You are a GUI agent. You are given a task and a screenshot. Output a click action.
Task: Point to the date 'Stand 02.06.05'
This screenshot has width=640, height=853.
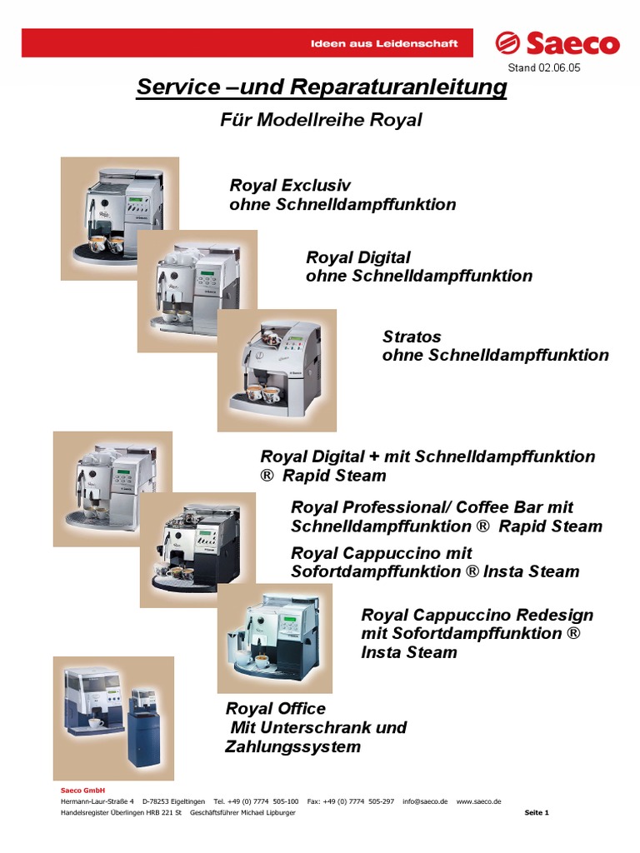click(x=543, y=68)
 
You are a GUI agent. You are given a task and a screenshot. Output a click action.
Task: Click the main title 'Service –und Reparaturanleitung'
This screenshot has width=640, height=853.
click(x=321, y=87)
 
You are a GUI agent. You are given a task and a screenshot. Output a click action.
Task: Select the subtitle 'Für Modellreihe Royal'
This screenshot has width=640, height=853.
click(x=321, y=120)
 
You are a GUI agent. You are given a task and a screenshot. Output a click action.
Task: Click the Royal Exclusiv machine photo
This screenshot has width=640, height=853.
click(x=119, y=217)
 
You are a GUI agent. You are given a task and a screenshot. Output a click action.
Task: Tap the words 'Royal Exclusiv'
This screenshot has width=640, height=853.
click(x=290, y=185)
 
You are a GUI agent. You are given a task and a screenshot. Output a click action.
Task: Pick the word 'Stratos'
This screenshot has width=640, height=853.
click(x=412, y=337)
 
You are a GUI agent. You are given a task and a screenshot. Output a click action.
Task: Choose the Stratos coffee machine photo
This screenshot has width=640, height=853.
click(x=277, y=370)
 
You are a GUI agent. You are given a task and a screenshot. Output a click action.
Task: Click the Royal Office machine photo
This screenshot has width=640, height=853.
click(x=113, y=717)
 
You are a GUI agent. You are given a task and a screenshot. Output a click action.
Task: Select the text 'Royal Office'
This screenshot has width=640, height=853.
click(x=276, y=708)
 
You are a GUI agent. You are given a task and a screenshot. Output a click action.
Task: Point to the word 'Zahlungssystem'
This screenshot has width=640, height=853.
click(x=292, y=746)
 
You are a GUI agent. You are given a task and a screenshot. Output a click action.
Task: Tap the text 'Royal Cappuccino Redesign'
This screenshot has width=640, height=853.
click(x=477, y=615)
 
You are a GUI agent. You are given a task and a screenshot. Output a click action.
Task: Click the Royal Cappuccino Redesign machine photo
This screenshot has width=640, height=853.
click(x=275, y=637)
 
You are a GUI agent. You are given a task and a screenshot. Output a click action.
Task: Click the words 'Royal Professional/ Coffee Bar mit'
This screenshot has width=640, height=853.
click(x=432, y=506)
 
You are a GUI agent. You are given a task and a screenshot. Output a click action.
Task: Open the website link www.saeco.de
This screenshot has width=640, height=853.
click(x=478, y=801)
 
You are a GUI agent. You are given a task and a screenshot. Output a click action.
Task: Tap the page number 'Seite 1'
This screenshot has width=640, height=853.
click(x=537, y=812)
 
